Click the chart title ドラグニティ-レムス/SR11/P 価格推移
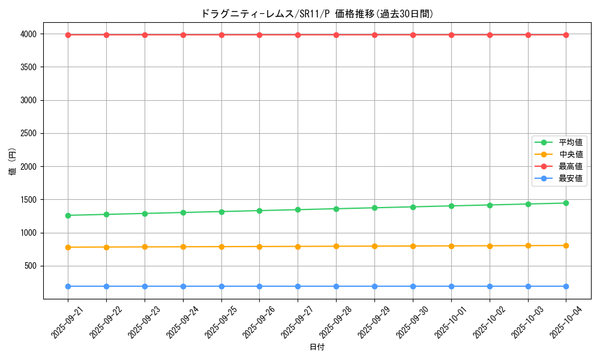(x=317, y=14)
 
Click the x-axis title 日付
(x=317, y=347)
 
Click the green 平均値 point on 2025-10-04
(x=566, y=203)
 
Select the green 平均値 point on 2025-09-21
(x=68, y=215)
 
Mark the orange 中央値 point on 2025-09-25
(x=221, y=247)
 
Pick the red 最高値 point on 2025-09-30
(x=413, y=35)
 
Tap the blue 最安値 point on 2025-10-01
(x=451, y=286)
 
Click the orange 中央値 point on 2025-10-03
(x=528, y=245)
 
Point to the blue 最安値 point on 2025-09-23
(x=145, y=286)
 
